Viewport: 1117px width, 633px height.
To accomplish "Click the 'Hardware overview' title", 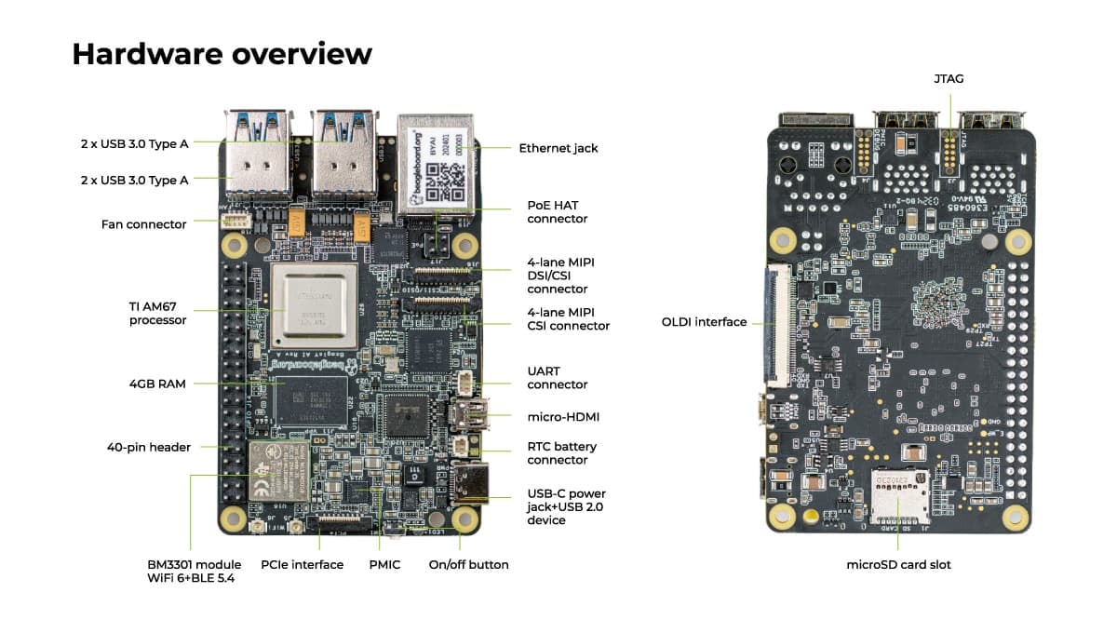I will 222,54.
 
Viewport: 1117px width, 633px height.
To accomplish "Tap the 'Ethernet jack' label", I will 558,148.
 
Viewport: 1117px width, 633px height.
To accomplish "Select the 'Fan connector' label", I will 144,224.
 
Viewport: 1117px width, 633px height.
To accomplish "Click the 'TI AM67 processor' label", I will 158,313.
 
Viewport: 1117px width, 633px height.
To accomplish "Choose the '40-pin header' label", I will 149,447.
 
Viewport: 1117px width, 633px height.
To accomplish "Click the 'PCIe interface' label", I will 303,565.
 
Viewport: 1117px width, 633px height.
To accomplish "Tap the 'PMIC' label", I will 384,565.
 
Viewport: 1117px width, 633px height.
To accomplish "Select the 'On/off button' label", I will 468,565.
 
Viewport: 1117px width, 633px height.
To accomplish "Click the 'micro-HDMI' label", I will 563,416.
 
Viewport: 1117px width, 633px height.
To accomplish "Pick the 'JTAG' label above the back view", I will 949,79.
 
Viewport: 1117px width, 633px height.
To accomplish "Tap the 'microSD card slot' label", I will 898,564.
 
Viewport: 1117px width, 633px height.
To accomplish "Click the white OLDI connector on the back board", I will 776,327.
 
